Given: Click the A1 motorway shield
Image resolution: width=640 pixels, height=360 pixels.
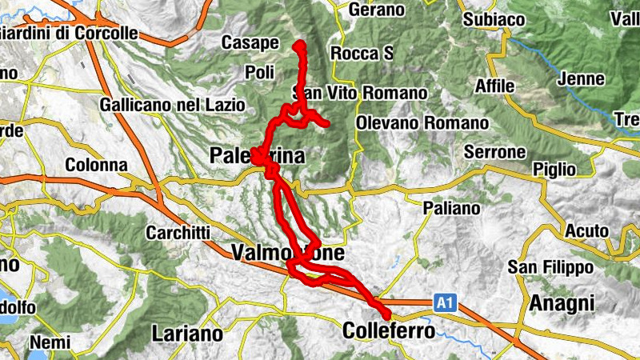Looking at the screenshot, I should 446,303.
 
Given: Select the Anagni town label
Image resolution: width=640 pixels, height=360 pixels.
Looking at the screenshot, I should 562,303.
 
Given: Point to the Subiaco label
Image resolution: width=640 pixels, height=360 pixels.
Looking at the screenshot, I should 494,18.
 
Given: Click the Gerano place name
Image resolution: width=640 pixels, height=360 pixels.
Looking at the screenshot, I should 378,10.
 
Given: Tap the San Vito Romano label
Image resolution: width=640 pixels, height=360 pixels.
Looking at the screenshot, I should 360,93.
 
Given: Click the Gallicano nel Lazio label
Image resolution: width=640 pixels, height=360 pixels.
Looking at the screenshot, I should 172,105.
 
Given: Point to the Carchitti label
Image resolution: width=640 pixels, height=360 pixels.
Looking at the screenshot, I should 178,233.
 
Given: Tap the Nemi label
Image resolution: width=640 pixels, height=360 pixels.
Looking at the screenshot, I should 50,343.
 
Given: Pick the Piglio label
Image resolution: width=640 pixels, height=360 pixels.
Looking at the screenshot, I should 558,169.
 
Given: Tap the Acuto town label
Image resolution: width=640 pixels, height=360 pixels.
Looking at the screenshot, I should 586,230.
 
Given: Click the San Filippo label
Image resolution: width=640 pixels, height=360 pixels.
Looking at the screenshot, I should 550,267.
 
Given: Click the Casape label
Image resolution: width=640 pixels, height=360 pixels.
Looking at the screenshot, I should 250,42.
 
